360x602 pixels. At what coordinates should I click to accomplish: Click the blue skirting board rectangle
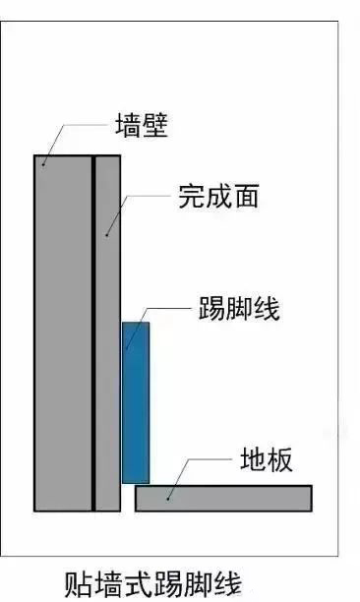(x=136, y=401)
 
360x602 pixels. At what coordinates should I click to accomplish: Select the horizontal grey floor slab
(x=223, y=498)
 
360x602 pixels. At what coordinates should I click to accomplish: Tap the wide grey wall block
(x=63, y=334)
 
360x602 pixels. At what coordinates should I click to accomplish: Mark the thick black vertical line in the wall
(x=92, y=334)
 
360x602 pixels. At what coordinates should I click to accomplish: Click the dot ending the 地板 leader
(x=168, y=500)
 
